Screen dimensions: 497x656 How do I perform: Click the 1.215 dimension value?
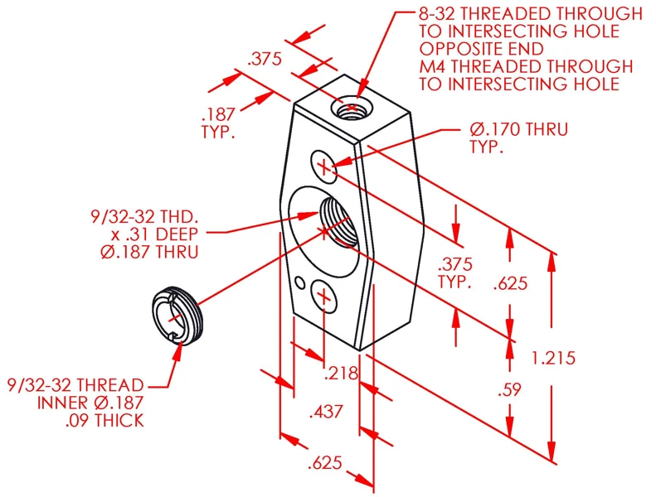point(553,358)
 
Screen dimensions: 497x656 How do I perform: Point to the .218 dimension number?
point(341,373)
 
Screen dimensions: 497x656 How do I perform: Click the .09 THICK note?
point(104,420)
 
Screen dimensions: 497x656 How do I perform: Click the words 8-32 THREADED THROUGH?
point(531,14)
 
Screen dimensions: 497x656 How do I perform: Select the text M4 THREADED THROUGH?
point(526,66)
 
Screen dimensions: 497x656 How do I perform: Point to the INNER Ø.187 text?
point(91,403)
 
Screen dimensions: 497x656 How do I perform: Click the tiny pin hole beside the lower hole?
point(299,283)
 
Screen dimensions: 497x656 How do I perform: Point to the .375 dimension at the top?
point(265,59)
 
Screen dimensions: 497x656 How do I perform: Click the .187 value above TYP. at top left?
point(217,114)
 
